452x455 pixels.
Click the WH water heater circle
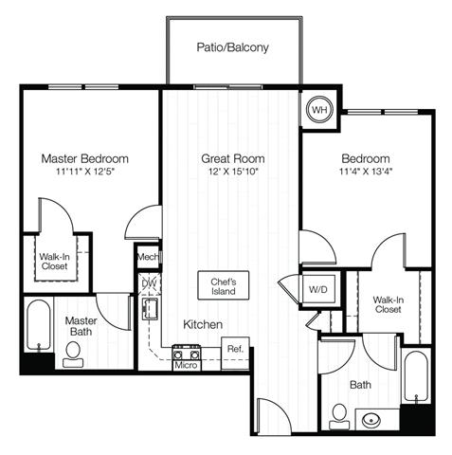click(x=319, y=110)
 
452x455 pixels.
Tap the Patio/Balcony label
click(x=232, y=47)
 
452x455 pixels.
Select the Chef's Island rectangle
click(x=224, y=285)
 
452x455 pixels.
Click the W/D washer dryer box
click(x=318, y=289)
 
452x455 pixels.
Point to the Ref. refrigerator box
click(x=235, y=353)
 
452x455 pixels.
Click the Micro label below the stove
click(x=186, y=365)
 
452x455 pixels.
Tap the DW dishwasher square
click(x=150, y=283)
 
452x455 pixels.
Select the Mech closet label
click(x=148, y=257)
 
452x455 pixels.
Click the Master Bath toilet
click(x=73, y=355)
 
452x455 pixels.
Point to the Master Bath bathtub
click(x=38, y=325)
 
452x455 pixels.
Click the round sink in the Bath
click(x=371, y=420)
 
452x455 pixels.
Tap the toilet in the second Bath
click(x=339, y=416)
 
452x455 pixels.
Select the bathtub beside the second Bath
click(x=417, y=376)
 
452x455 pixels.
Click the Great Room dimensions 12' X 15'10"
click(x=233, y=172)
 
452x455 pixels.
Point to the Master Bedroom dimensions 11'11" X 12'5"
click(x=84, y=172)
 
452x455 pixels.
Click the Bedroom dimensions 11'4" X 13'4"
click(x=366, y=172)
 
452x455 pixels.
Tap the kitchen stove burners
click(x=187, y=353)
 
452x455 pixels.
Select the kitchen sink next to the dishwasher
click(x=150, y=309)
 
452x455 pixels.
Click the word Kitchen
click(x=203, y=324)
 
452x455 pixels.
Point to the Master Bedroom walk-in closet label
click(x=55, y=262)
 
